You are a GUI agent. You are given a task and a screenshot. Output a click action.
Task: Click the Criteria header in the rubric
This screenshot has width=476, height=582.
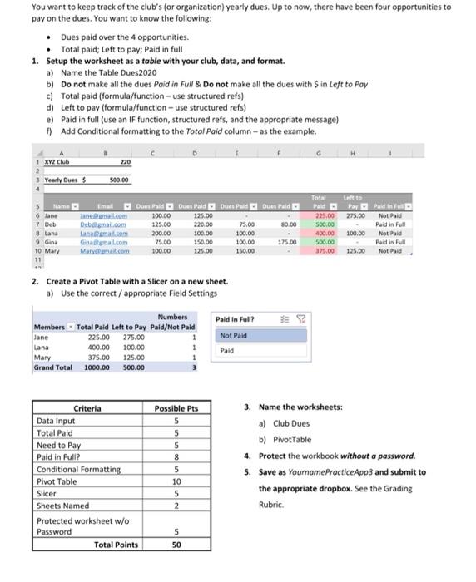point(87,408)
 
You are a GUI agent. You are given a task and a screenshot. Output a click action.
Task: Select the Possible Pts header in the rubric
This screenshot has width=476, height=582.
point(176,408)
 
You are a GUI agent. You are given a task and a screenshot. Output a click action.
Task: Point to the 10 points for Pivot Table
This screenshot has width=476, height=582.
point(176,481)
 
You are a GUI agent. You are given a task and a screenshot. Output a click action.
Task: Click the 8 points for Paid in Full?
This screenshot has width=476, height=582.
point(176,456)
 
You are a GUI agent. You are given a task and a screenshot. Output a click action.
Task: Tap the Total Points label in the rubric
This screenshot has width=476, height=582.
point(116,544)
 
